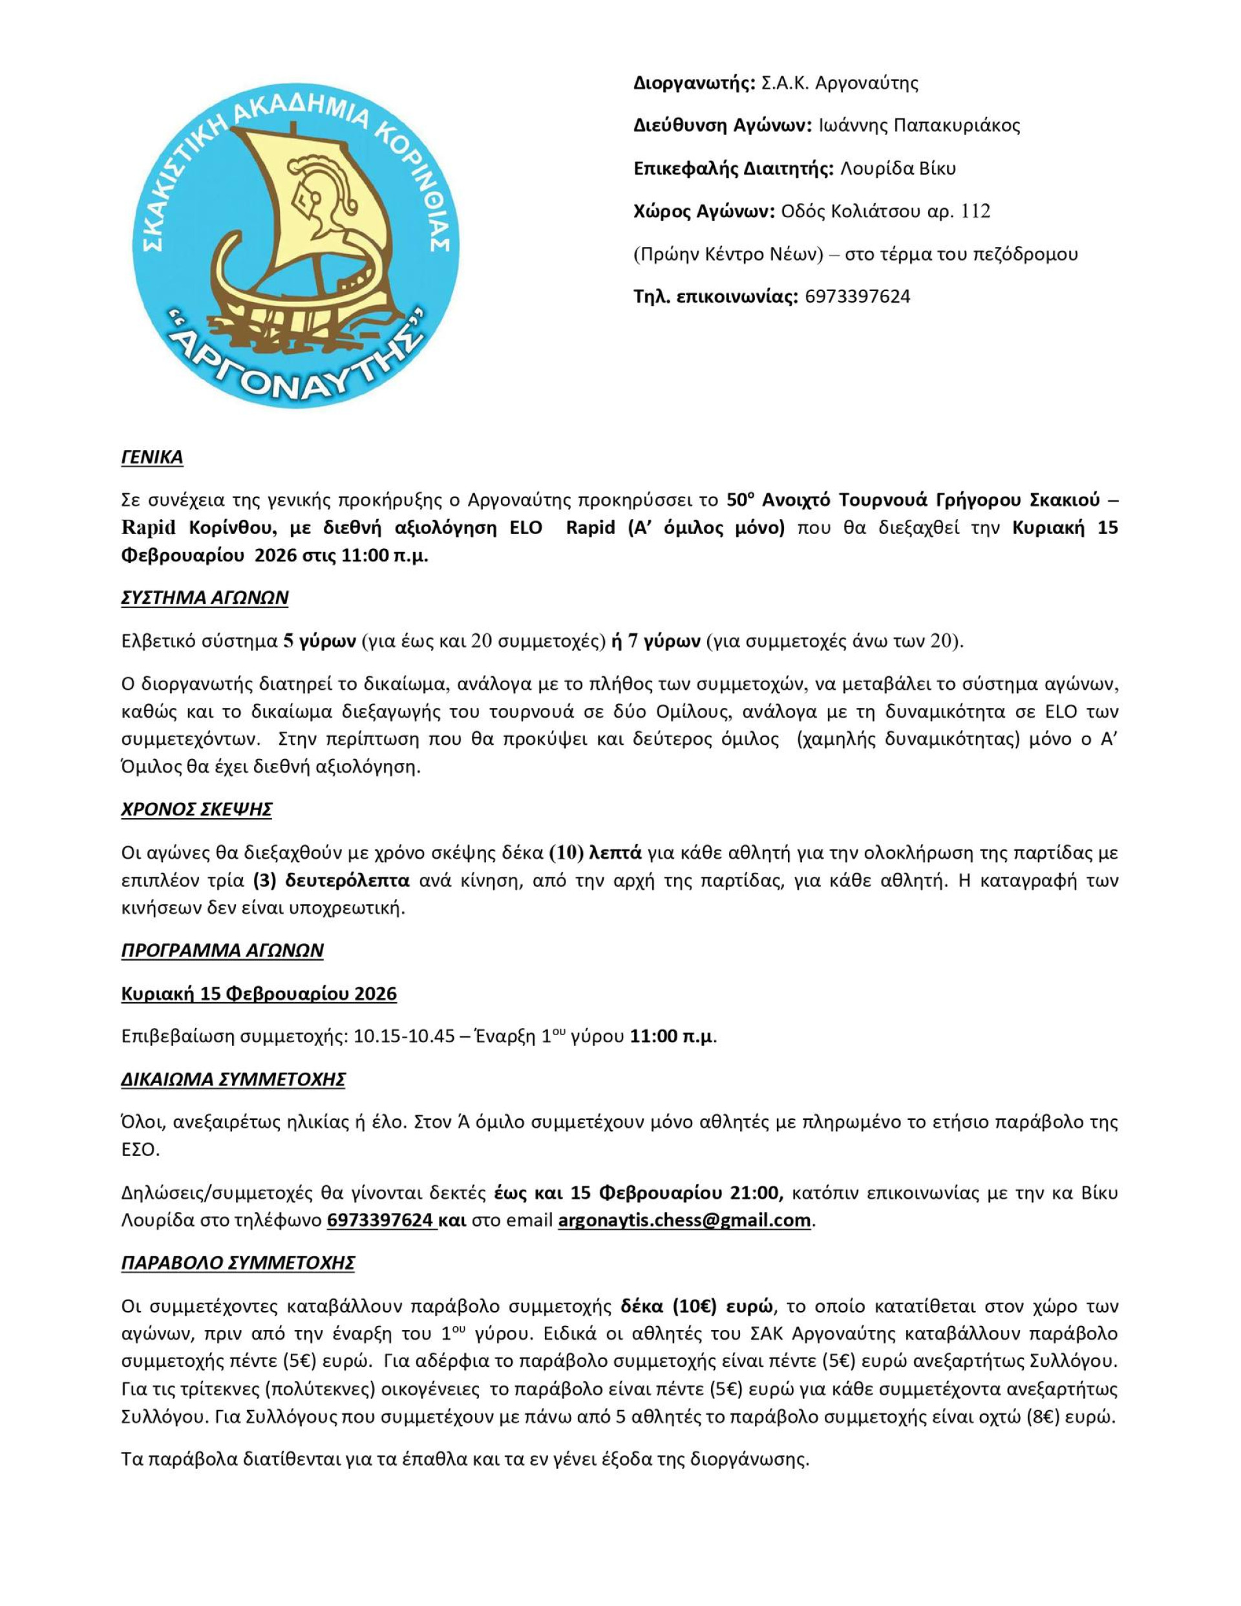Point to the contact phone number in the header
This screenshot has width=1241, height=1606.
pos(857,297)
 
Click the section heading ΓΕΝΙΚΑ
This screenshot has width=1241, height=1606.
pos(152,457)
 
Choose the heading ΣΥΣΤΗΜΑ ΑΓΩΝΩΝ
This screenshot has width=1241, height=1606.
pos(204,597)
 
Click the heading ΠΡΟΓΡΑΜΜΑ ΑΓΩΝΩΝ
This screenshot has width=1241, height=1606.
pos(222,950)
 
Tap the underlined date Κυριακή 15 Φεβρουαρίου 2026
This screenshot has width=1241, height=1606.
pos(259,994)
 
